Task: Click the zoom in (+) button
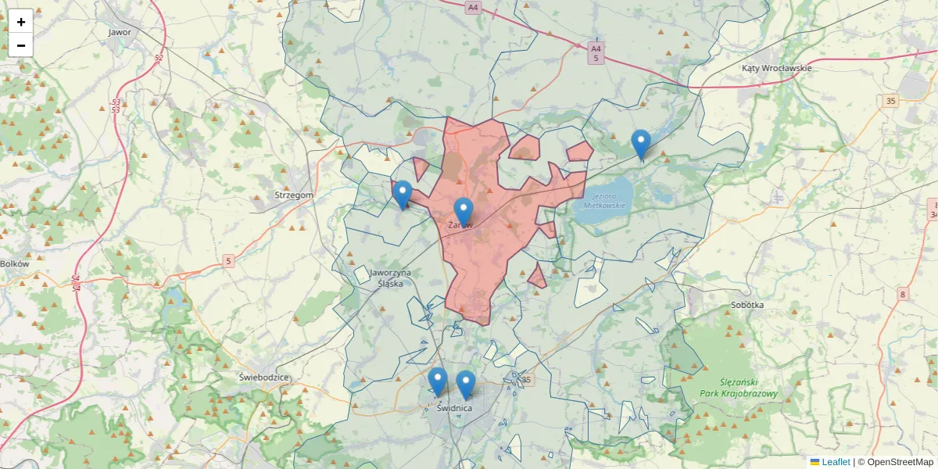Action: tap(20, 22)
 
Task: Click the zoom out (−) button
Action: tap(20, 45)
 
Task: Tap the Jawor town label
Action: tap(120, 33)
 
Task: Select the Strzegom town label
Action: tap(294, 195)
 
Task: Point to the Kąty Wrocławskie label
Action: tap(776, 68)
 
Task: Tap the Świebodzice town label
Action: tap(264, 378)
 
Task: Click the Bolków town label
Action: tap(15, 264)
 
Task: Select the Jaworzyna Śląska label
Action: tap(390, 277)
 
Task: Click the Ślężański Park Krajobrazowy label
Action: tap(739, 388)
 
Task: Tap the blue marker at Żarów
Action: tap(464, 212)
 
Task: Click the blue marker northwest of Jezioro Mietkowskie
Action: tap(641, 144)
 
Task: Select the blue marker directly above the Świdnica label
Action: tap(466, 385)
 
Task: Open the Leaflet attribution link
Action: tap(835, 462)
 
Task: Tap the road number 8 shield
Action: tap(904, 294)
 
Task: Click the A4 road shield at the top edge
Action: tap(471, 7)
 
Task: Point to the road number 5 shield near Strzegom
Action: tap(228, 261)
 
